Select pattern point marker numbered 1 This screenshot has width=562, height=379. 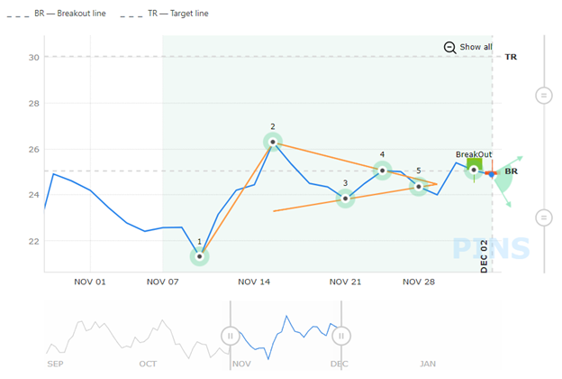coord(199,256)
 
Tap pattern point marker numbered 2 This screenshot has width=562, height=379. coord(273,142)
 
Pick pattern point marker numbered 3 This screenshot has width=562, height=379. coord(345,199)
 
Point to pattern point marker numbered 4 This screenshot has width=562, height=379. coord(383,170)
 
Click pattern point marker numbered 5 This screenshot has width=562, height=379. coord(419,187)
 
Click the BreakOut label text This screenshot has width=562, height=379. coord(474,154)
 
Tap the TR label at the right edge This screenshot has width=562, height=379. coord(511,57)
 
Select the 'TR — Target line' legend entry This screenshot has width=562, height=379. coord(179,14)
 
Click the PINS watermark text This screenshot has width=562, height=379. coord(491,247)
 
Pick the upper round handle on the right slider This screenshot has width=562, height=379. coord(544,95)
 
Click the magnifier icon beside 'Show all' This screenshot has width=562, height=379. coord(449,47)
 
